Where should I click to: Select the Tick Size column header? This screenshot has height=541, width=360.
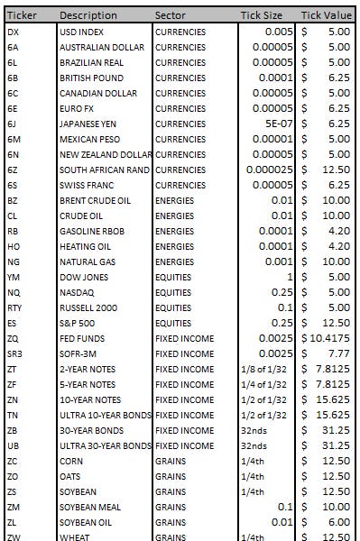(261, 15)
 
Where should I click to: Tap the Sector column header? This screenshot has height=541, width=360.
(171, 15)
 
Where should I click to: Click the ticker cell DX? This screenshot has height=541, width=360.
(13, 32)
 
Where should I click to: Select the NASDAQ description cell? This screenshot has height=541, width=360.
(78, 292)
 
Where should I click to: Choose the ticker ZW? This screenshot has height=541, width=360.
(14, 536)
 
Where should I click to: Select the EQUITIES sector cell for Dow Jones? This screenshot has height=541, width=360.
(174, 277)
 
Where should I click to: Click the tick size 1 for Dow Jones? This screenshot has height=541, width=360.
(290, 277)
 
